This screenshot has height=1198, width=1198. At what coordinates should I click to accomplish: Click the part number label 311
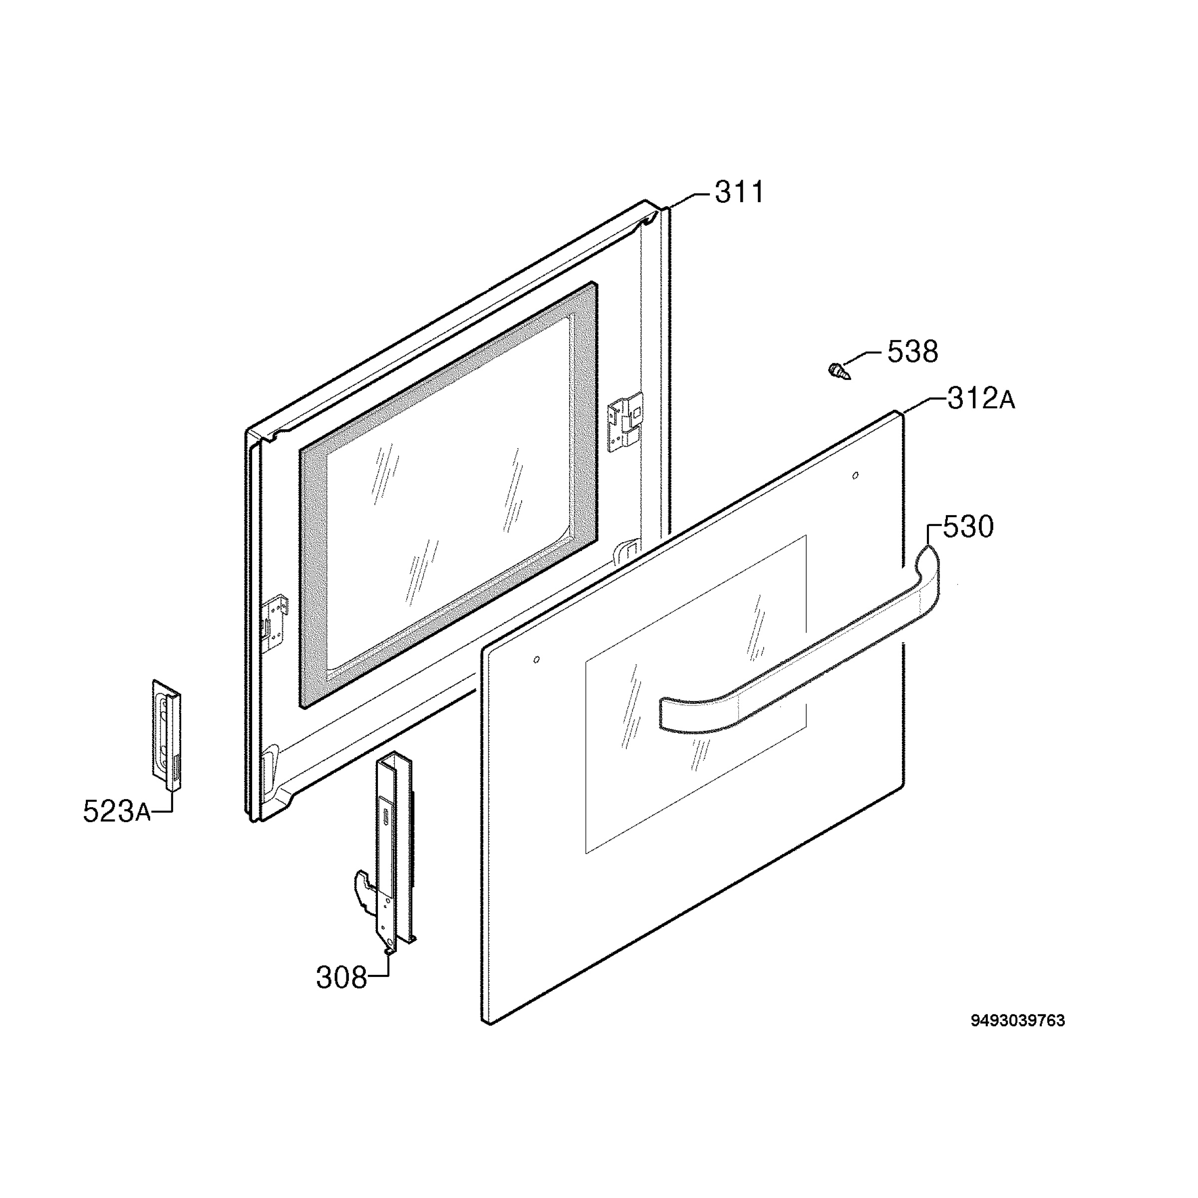(x=739, y=192)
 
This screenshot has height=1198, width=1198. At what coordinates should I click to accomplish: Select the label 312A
(x=981, y=399)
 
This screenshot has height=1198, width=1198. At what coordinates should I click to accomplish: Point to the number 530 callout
(x=968, y=527)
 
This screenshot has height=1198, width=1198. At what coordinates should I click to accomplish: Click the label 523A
(x=117, y=812)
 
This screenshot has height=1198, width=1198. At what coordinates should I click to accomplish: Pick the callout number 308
(x=341, y=978)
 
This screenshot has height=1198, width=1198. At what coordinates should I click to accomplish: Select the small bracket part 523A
(x=167, y=735)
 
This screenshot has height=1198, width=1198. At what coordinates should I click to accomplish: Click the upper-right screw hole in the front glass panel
(x=856, y=476)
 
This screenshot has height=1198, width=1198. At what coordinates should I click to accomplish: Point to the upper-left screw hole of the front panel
(x=537, y=659)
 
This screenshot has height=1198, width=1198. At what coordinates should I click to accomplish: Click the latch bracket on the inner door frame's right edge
(x=625, y=422)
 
